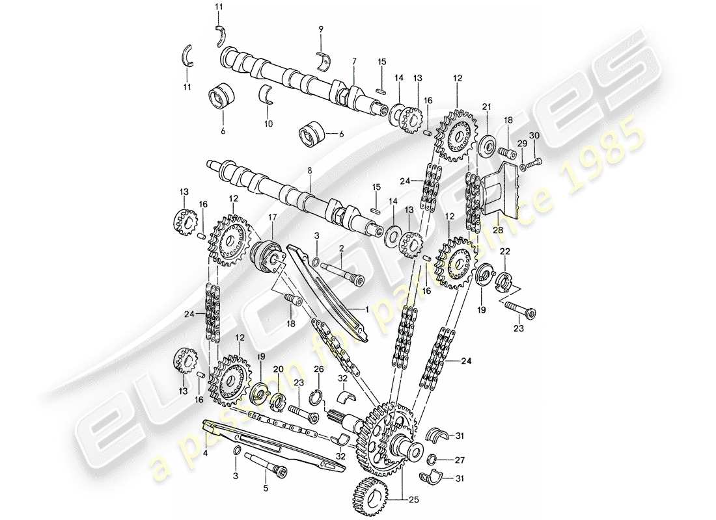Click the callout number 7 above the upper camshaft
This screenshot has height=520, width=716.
(354, 61)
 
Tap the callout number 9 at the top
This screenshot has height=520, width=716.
(321, 29)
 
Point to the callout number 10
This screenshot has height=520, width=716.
(269, 123)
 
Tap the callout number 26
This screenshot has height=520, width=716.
(318, 370)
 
